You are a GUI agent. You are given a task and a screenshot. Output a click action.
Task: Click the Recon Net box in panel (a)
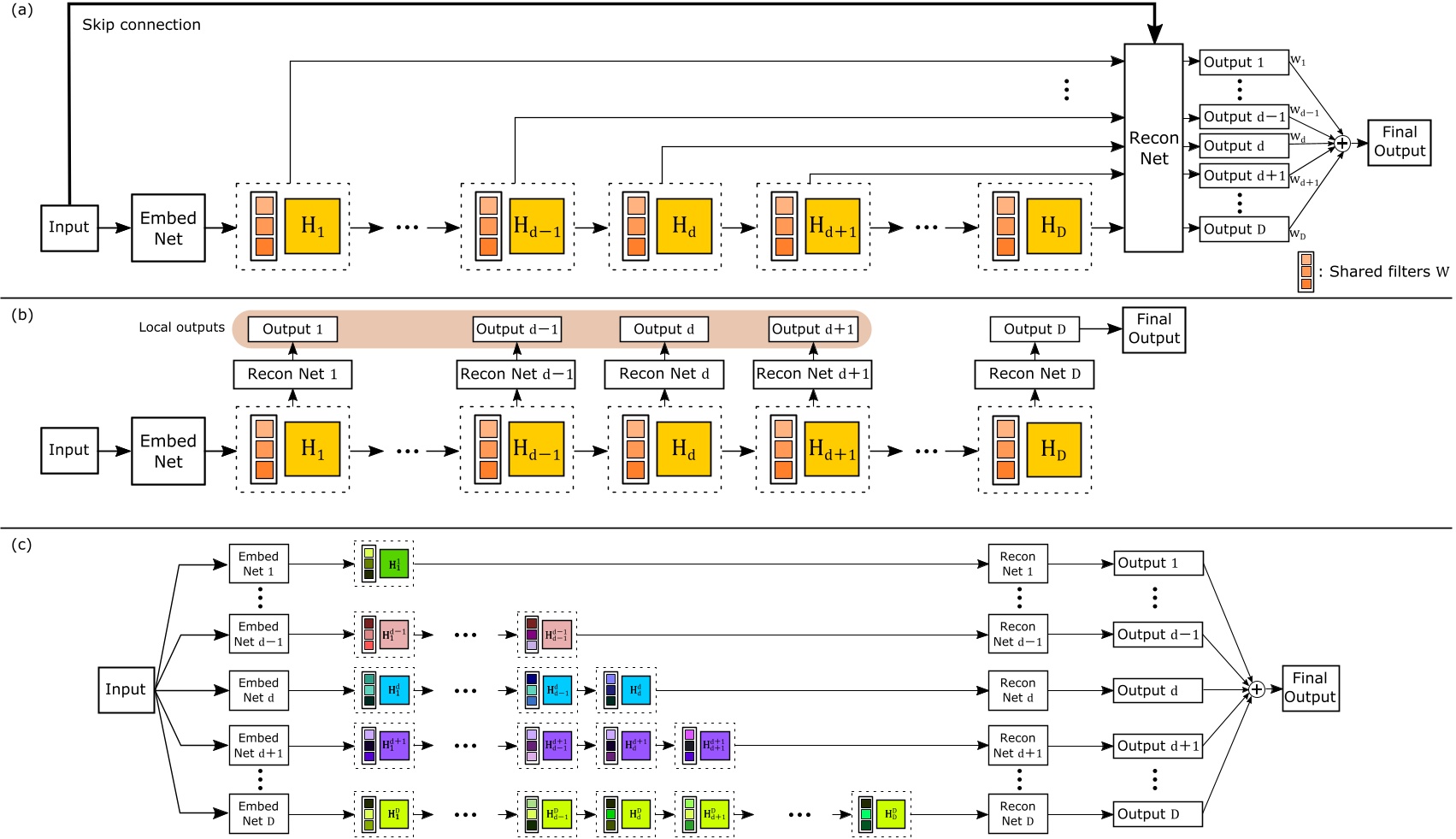1153,148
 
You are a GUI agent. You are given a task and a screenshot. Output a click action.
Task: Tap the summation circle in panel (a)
1342,144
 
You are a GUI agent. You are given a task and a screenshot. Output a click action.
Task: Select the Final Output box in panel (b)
1153,329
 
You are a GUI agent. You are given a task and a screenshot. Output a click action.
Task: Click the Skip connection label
141,25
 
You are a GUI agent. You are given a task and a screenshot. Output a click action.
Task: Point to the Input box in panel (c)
126,689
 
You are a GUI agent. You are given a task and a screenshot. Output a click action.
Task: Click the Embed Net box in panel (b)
168,451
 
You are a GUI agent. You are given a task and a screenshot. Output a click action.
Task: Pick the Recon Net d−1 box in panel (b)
516,375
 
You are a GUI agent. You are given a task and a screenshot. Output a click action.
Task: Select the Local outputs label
181,328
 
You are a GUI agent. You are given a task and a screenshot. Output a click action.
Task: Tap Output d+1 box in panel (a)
1243,175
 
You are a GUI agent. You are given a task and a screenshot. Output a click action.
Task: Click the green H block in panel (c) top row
394,564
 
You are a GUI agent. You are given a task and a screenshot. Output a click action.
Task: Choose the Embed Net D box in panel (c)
258,813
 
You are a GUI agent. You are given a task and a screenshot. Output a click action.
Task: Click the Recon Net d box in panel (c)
1017,690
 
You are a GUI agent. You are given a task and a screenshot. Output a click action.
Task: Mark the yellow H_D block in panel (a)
1053,227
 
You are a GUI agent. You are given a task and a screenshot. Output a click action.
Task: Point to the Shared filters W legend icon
1305,272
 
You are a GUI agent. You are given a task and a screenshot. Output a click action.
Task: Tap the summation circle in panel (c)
1256,689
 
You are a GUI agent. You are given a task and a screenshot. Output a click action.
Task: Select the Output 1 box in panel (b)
292,329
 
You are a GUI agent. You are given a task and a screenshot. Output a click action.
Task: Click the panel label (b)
22,314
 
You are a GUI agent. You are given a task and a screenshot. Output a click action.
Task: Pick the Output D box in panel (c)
1158,813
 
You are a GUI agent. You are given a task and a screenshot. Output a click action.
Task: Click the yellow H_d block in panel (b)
683,449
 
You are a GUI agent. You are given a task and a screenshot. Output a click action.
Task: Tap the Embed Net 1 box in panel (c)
258,564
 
